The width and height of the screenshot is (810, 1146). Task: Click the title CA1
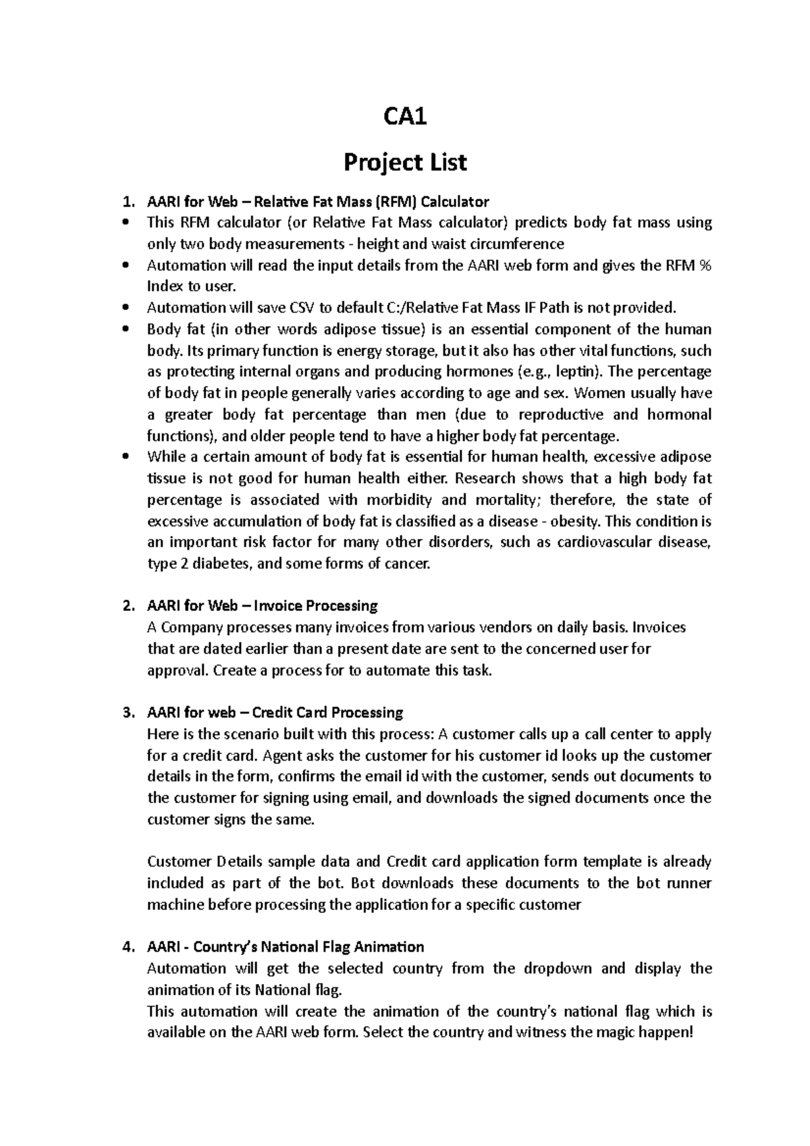(x=405, y=118)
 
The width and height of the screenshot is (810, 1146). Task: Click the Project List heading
(x=405, y=163)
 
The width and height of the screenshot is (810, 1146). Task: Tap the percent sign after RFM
(x=705, y=265)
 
